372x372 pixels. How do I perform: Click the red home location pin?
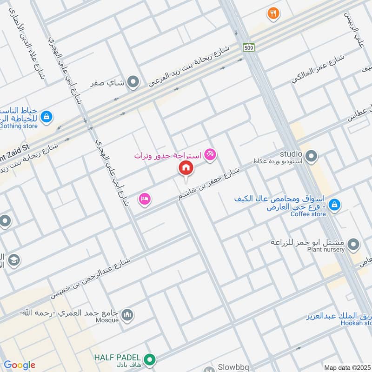coord(186,168)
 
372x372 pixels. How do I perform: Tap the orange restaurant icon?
coord(273,14)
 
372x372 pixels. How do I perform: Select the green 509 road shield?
coord(248,47)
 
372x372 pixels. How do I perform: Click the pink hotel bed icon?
coord(144,199)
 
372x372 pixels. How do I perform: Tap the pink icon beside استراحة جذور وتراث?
coord(210,154)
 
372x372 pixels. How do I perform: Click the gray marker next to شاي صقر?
coord(133,83)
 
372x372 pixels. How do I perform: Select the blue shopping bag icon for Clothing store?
coord(46,117)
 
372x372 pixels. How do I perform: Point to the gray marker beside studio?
coord(312,156)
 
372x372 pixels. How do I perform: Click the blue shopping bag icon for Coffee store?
coord(333,204)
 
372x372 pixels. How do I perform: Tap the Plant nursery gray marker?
coord(353,244)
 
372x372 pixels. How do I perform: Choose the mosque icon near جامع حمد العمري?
coord(127,316)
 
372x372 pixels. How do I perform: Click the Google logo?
coord(20,365)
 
